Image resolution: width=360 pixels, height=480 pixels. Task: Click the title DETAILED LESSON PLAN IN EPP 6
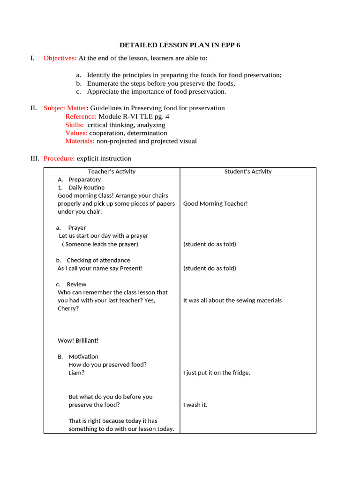pyautogui.click(x=180, y=45)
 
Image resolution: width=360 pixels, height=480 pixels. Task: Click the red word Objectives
pyautogui.click(x=60, y=58)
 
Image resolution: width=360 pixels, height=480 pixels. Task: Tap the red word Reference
pyautogui.click(x=81, y=116)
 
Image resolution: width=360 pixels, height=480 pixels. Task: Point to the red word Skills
pyautogui.click(x=75, y=125)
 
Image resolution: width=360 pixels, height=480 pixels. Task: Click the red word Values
pyautogui.click(x=76, y=133)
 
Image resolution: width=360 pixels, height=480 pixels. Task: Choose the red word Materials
pyautogui.click(x=80, y=141)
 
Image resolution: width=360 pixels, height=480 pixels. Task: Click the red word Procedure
pyautogui.click(x=59, y=158)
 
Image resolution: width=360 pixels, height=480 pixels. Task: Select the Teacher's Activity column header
pyautogui.click(x=112, y=172)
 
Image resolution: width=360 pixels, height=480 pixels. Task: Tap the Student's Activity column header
pyautogui.click(x=248, y=172)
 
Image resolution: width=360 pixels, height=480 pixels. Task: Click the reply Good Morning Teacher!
pyautogui.click(x=215, y=203)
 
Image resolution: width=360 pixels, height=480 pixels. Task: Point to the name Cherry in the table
pyautogui.click(x=68, y=308)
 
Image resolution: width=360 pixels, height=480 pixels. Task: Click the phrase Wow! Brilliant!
pyautogui.click(x=78, y=340)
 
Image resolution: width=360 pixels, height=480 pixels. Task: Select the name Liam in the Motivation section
pyautogui.click(x=76, y=373)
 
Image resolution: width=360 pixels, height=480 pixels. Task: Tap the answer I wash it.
pyautogui.click(x=195, y=405)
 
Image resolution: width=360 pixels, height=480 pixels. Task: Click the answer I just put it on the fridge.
pyautogui.click(x=217, y=373)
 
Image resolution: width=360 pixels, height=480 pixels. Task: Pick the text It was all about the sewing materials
pyautogui.click(x=232, y=300)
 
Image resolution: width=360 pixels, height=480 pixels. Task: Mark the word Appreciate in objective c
pyautogui.click(x=102, y=91)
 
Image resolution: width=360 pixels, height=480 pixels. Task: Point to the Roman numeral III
pyautogui.click(x=35, y=158)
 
